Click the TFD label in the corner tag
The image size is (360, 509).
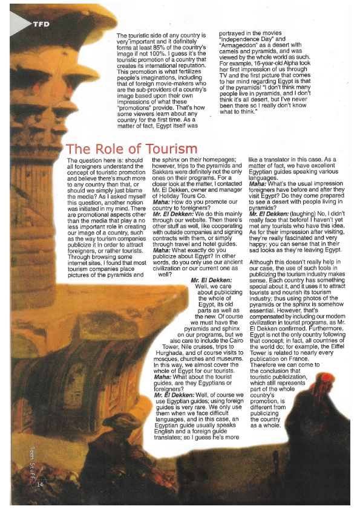(x=41, y=24)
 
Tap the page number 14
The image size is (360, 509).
(x=40, y=484)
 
